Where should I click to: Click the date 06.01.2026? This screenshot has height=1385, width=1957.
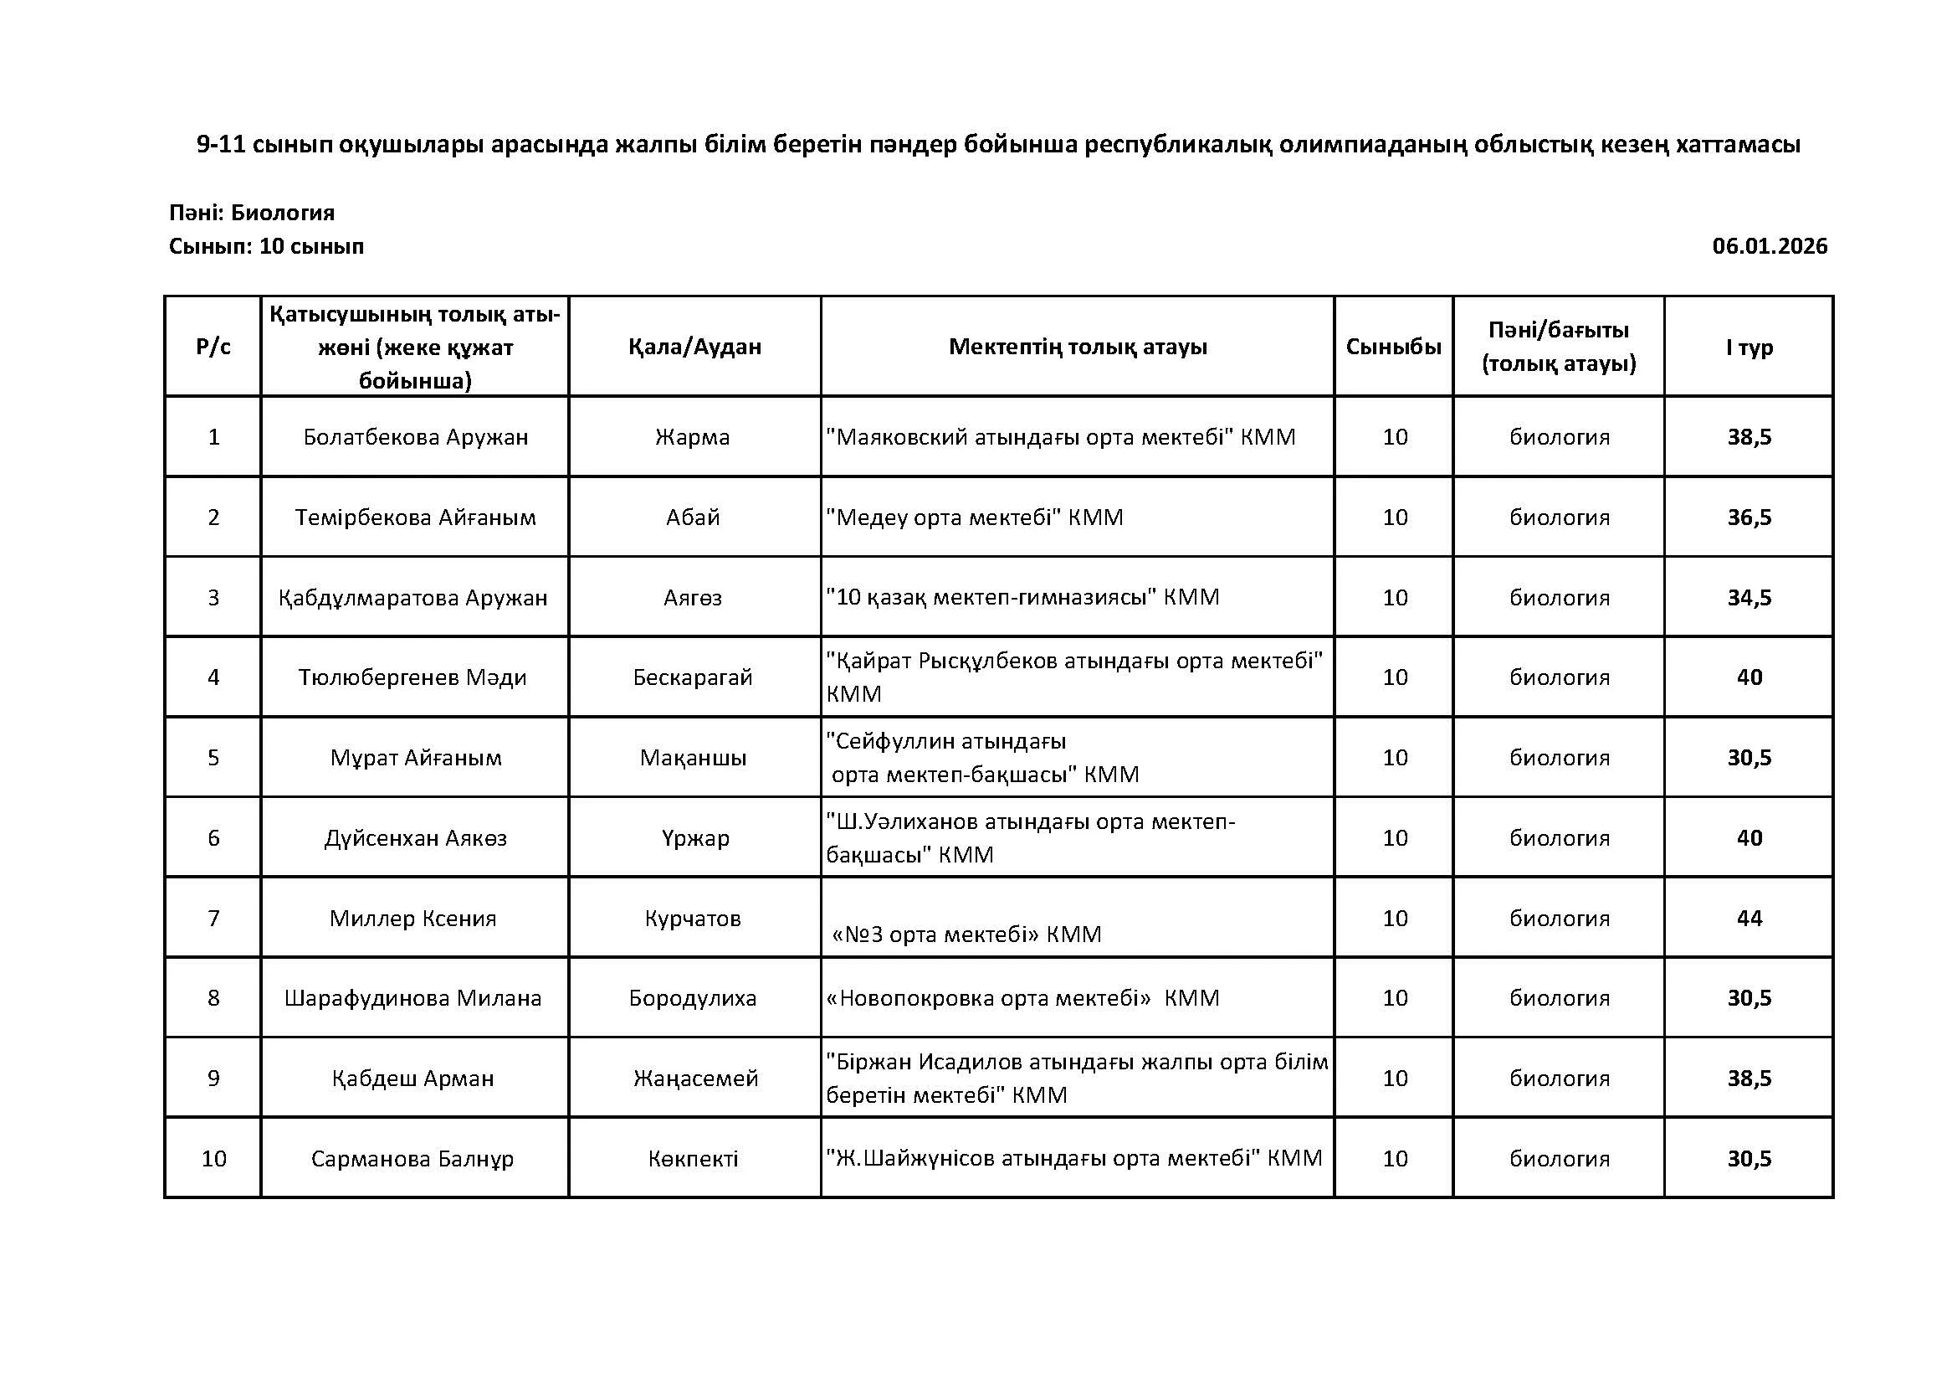(1770, 246)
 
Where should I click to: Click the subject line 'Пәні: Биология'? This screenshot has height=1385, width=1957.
(252, 213)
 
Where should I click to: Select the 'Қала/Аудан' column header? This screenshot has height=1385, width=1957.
(694, 348)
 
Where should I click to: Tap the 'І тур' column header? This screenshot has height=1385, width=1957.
(1749, 348)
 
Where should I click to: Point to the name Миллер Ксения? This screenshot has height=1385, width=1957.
(413, 919)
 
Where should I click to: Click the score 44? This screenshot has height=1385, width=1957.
(1749, 919)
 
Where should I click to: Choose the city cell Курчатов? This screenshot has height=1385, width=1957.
(693, 919)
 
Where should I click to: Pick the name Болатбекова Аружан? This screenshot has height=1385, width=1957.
(415, 437)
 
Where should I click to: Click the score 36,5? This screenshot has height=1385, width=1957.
(1749, 517)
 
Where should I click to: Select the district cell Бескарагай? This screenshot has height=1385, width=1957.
(693, 678)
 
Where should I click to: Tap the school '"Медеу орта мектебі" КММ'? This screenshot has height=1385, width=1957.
(974, 517)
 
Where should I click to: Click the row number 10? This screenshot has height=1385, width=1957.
(213, 1159)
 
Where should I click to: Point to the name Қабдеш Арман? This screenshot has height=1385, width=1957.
(413, 1079)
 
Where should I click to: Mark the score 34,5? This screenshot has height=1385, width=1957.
(1749, 598)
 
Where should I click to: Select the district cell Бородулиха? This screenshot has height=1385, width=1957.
(693, 999)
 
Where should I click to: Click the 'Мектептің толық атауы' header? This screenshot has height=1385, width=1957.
(1078, 348)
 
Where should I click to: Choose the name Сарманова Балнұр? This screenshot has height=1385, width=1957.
(412, 1159)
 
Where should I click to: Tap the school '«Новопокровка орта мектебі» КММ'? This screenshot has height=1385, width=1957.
(1022, 999)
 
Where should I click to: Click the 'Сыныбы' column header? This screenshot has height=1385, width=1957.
(1394, 348)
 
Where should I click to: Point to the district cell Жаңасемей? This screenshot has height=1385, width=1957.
(695, 1079)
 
